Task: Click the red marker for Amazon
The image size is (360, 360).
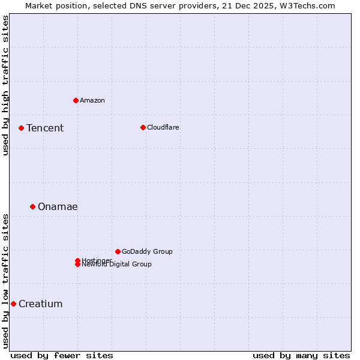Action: (x=76, y=100)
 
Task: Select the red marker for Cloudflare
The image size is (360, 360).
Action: (x=143, y=127)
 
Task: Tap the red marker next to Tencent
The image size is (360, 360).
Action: (x=21, y=128)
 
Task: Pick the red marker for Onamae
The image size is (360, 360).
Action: (x=32, y=206)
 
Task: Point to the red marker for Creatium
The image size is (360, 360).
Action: (x=13, y=304)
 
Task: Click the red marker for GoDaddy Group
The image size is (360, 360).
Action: (x=118, y=251)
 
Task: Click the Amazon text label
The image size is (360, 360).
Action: (x=92, y=100)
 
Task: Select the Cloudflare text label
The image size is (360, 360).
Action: (x=163, y=127)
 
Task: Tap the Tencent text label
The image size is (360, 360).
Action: (x=45, y=128)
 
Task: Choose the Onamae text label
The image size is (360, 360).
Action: (x=58, y=206)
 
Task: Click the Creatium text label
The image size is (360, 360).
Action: (x=40, y=304)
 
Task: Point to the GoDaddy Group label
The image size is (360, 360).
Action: (x=147, y=251)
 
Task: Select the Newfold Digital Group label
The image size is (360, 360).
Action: (x=117, y=264)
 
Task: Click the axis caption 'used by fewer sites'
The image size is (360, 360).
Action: (x=62, y=355)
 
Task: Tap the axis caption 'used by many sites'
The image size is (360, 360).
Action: (x=301, y=355)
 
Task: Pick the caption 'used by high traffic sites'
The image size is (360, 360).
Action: (x=6, y=85)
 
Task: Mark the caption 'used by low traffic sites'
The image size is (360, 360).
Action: (x=6, y=281)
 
